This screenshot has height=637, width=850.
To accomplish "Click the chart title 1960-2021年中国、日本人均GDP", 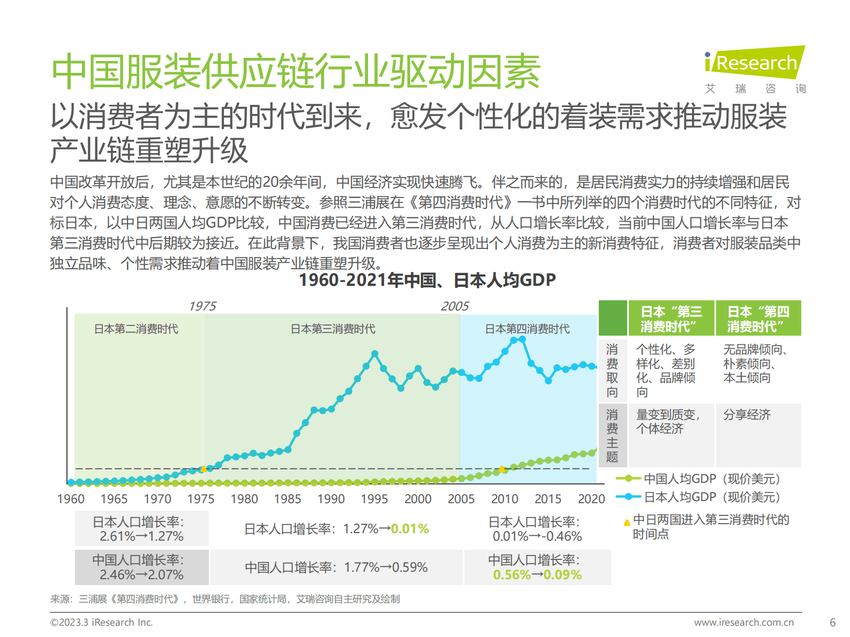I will pos(427,280).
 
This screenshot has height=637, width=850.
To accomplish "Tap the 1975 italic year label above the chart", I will pos(202,306).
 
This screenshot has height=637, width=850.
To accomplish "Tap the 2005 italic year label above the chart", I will pos(454,306).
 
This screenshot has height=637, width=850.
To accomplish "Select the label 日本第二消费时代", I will pos(136,329).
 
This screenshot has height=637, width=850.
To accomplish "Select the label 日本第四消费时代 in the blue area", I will pos(527,329).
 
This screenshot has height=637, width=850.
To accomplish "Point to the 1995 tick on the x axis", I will pos(374,499).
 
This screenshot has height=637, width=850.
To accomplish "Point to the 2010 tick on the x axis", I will pos(504,499).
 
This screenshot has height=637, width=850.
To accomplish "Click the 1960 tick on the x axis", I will pos(71,499).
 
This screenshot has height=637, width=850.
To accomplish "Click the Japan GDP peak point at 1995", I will pos(374,354).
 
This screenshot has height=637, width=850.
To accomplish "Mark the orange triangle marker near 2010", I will pos(502,469).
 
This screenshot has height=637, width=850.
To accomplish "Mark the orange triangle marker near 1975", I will pos(203,469).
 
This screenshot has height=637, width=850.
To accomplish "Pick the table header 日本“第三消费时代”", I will pos(671,319).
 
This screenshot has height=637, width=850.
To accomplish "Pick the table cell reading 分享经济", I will pos(747,415).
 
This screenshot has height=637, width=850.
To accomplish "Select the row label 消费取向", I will pos(612,370).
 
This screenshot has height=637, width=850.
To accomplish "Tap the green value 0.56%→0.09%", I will pos(537,575).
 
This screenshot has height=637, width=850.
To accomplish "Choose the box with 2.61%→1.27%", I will pos(141,529).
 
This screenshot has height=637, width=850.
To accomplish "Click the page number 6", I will pos(832,623).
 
